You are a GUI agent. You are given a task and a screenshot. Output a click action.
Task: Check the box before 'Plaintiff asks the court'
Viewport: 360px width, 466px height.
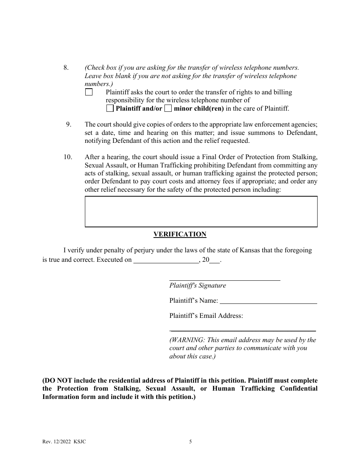89,92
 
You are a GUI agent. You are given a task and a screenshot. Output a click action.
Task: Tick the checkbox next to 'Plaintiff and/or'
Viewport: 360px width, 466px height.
110,109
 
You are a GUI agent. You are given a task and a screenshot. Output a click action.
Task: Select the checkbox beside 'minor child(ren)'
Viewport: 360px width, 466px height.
168,109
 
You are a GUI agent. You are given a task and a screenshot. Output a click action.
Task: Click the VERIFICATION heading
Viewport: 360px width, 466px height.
180,234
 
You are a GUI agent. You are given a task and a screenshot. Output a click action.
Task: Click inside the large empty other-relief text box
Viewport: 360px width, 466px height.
201,211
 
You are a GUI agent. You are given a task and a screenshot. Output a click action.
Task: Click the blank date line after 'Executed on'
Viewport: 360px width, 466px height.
166,261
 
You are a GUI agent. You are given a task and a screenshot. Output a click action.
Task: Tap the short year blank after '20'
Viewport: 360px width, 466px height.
214,261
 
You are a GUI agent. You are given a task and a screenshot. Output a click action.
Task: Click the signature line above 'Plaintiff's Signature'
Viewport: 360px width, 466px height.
224,280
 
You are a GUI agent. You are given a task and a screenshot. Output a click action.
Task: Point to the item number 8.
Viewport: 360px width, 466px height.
66,68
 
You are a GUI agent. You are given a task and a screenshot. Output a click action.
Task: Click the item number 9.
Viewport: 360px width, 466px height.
69,124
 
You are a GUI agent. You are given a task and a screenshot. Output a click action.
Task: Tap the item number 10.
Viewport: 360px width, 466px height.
67,157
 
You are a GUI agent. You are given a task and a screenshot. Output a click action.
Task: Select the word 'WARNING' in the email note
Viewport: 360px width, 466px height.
188,340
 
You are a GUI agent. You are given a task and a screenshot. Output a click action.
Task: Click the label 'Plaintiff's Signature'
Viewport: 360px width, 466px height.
197,286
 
